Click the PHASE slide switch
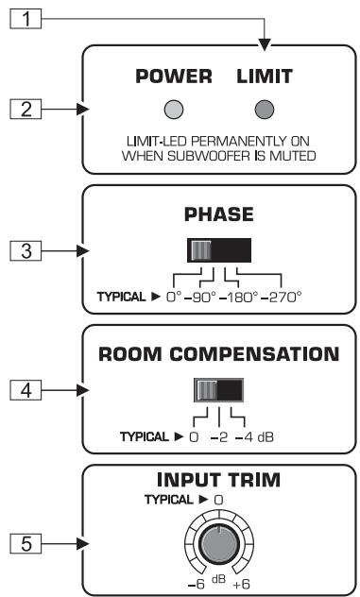point(218,250)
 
